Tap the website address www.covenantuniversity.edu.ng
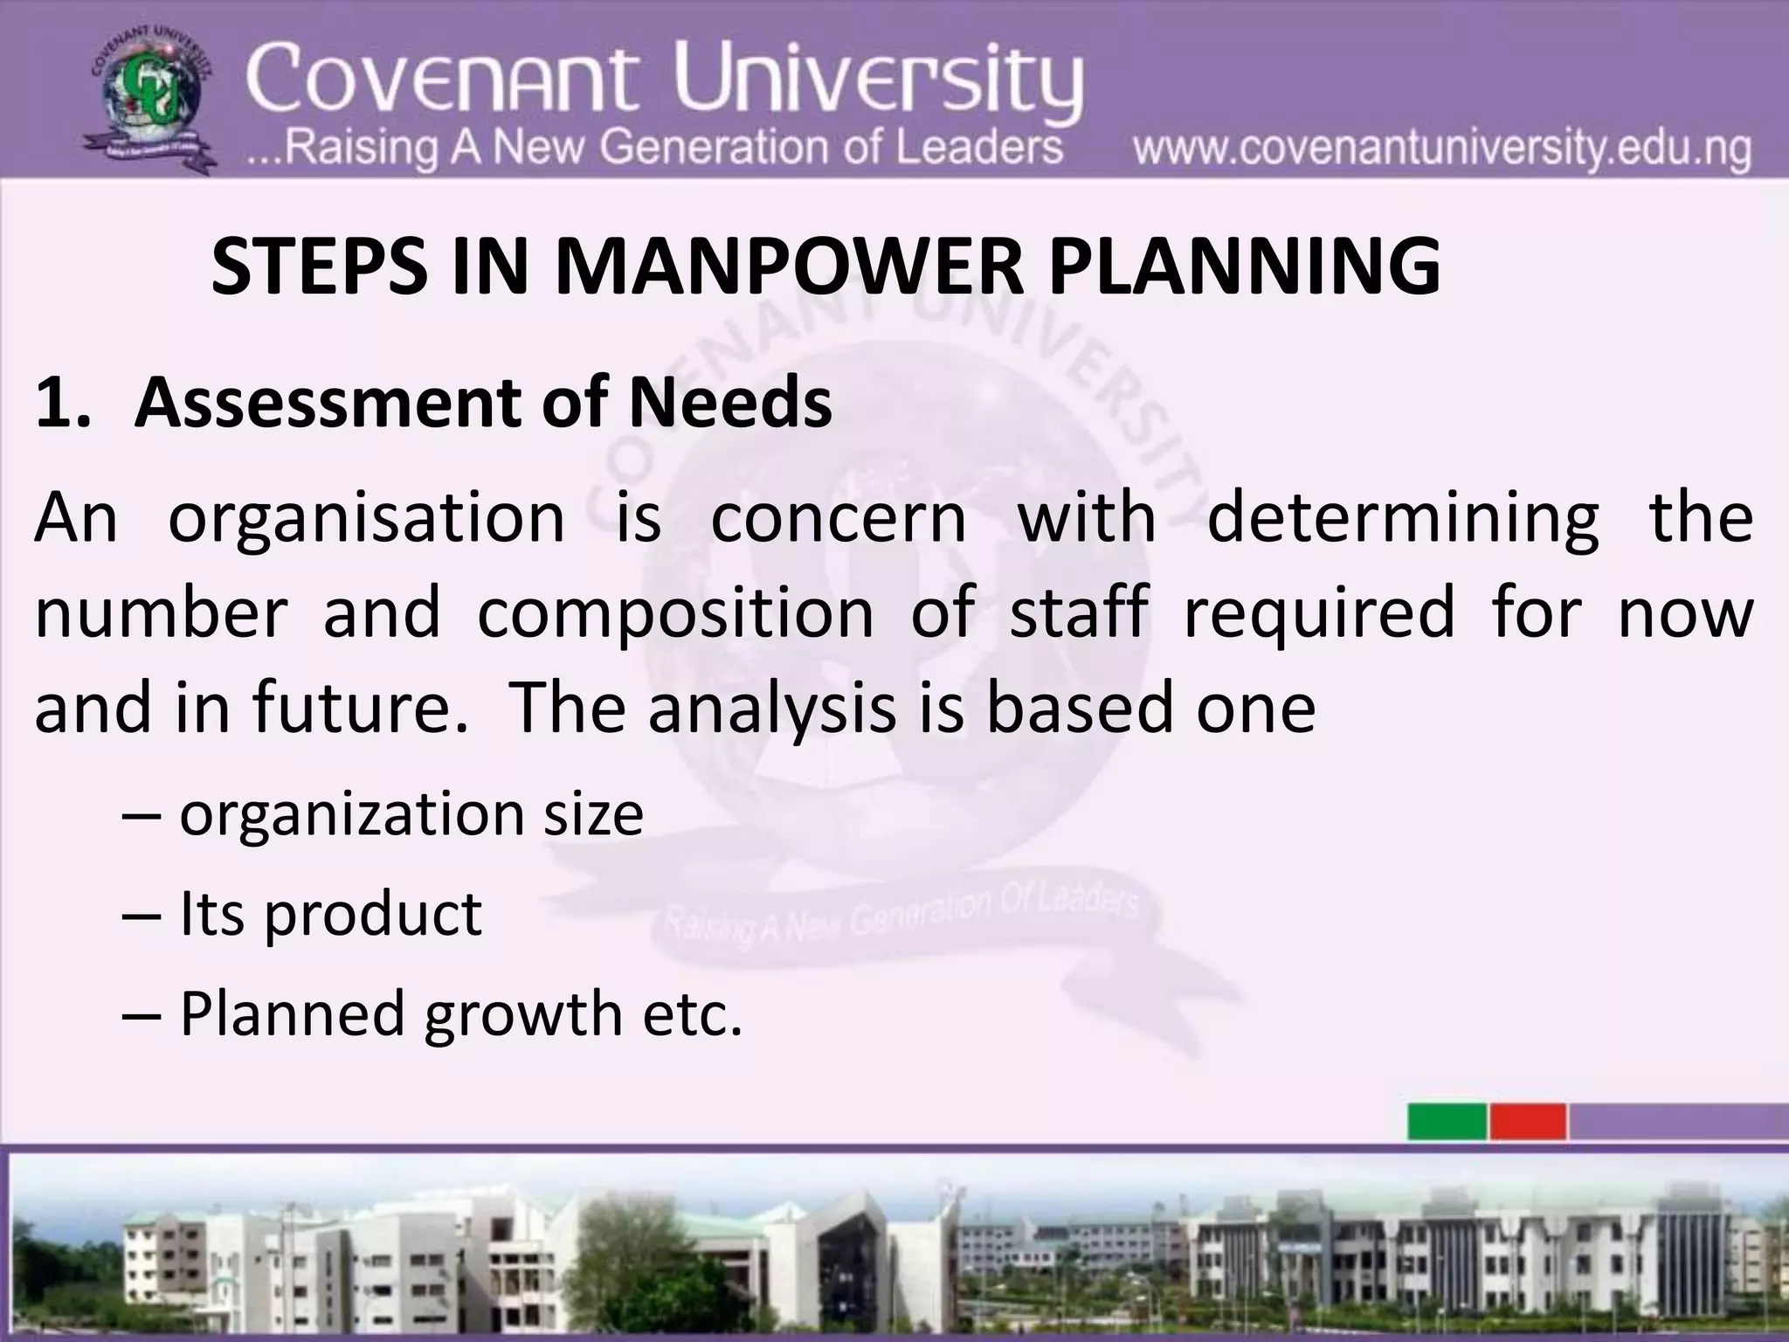click(x=1441, y=149)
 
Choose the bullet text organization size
click(x=411, y=814)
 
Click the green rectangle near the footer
click(x=1447, y=1121)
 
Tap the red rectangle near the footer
click(x=1528, y=1121)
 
